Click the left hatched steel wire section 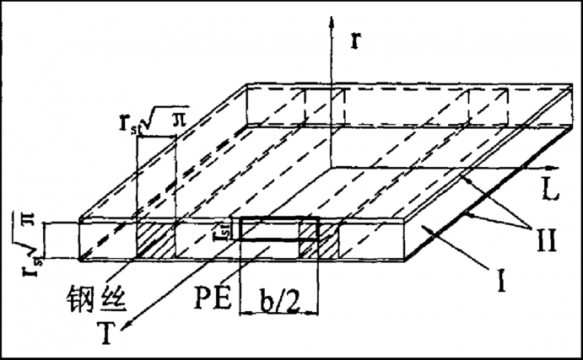point(154,239)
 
